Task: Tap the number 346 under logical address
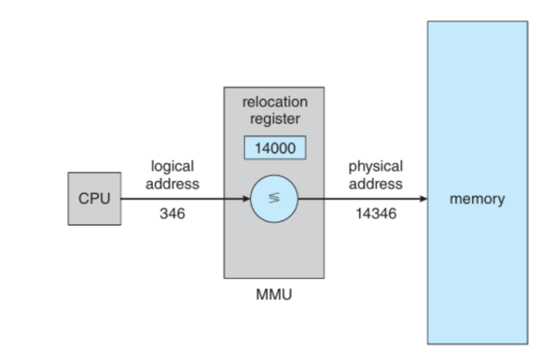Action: [171, 214]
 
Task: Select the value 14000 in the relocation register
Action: [274, 148]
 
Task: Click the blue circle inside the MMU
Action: [274, 198]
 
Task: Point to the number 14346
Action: [376, 214]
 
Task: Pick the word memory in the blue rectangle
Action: [477, 199]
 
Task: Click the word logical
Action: [172, 166]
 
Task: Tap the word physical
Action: [376, 166]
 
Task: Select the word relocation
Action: [274, 102]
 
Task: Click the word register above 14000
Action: [274, 118]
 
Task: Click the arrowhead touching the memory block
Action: [423, 198]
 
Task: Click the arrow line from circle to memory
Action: [361, 198]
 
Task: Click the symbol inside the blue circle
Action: [274, 198]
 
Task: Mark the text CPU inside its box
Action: [93, 198]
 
